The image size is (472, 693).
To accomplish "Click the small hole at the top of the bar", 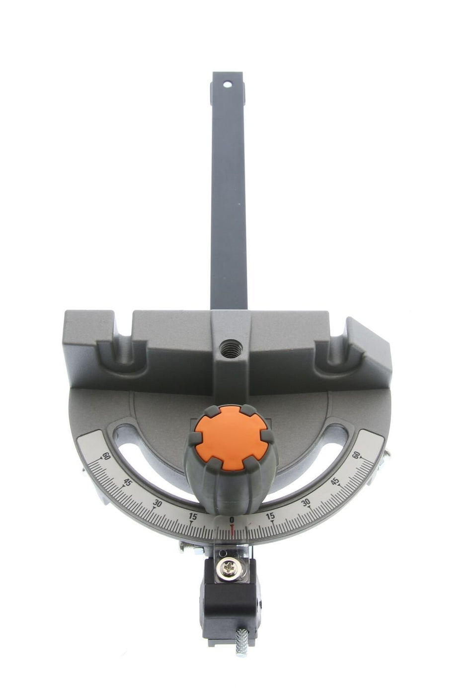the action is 228,84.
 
